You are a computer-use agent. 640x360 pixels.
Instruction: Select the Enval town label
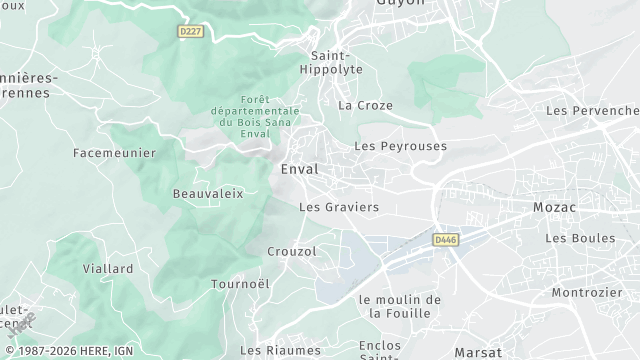tap(299, 169)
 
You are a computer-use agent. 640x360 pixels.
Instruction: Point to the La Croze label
tap(365, 105)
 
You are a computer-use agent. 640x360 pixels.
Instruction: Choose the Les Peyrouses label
tap(400, 146)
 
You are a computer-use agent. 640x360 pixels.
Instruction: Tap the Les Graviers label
tap(339, 207)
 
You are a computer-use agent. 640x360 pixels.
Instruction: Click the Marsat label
tap(478, 352)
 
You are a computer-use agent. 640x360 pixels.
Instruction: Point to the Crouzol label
tap(292, 251)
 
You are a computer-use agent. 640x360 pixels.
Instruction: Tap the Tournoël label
tap(240, 284)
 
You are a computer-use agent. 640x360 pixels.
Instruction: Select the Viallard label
tap(108, 269)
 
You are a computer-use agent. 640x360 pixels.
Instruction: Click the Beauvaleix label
tap(208, 193)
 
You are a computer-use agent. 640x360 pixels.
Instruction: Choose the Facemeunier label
tap(114, 153)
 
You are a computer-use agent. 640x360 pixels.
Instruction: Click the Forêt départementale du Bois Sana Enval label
tap(241, 116)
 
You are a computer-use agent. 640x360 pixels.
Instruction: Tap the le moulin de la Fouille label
tap(399, 306)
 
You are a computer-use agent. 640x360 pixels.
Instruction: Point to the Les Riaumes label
tap(281, 350)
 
